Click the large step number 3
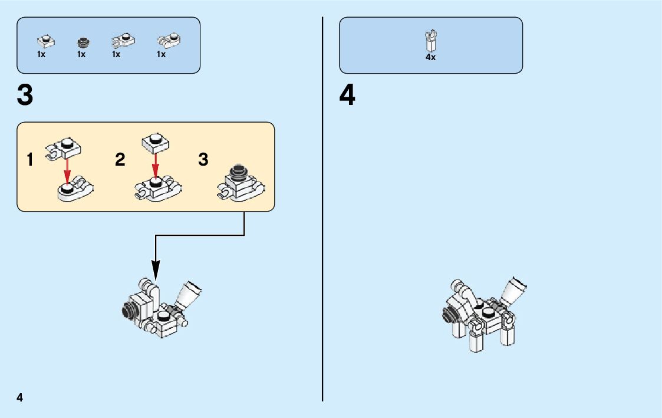25,96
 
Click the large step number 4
347,96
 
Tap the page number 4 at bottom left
20,397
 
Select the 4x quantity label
430,58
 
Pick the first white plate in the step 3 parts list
45,41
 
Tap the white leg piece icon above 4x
431,41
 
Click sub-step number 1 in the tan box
30,160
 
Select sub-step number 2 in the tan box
120,160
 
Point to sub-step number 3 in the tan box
203,160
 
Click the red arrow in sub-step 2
155,164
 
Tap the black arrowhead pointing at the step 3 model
156,273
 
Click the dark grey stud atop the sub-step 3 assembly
239,172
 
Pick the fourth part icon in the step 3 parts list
169,41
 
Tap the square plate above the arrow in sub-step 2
156,141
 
